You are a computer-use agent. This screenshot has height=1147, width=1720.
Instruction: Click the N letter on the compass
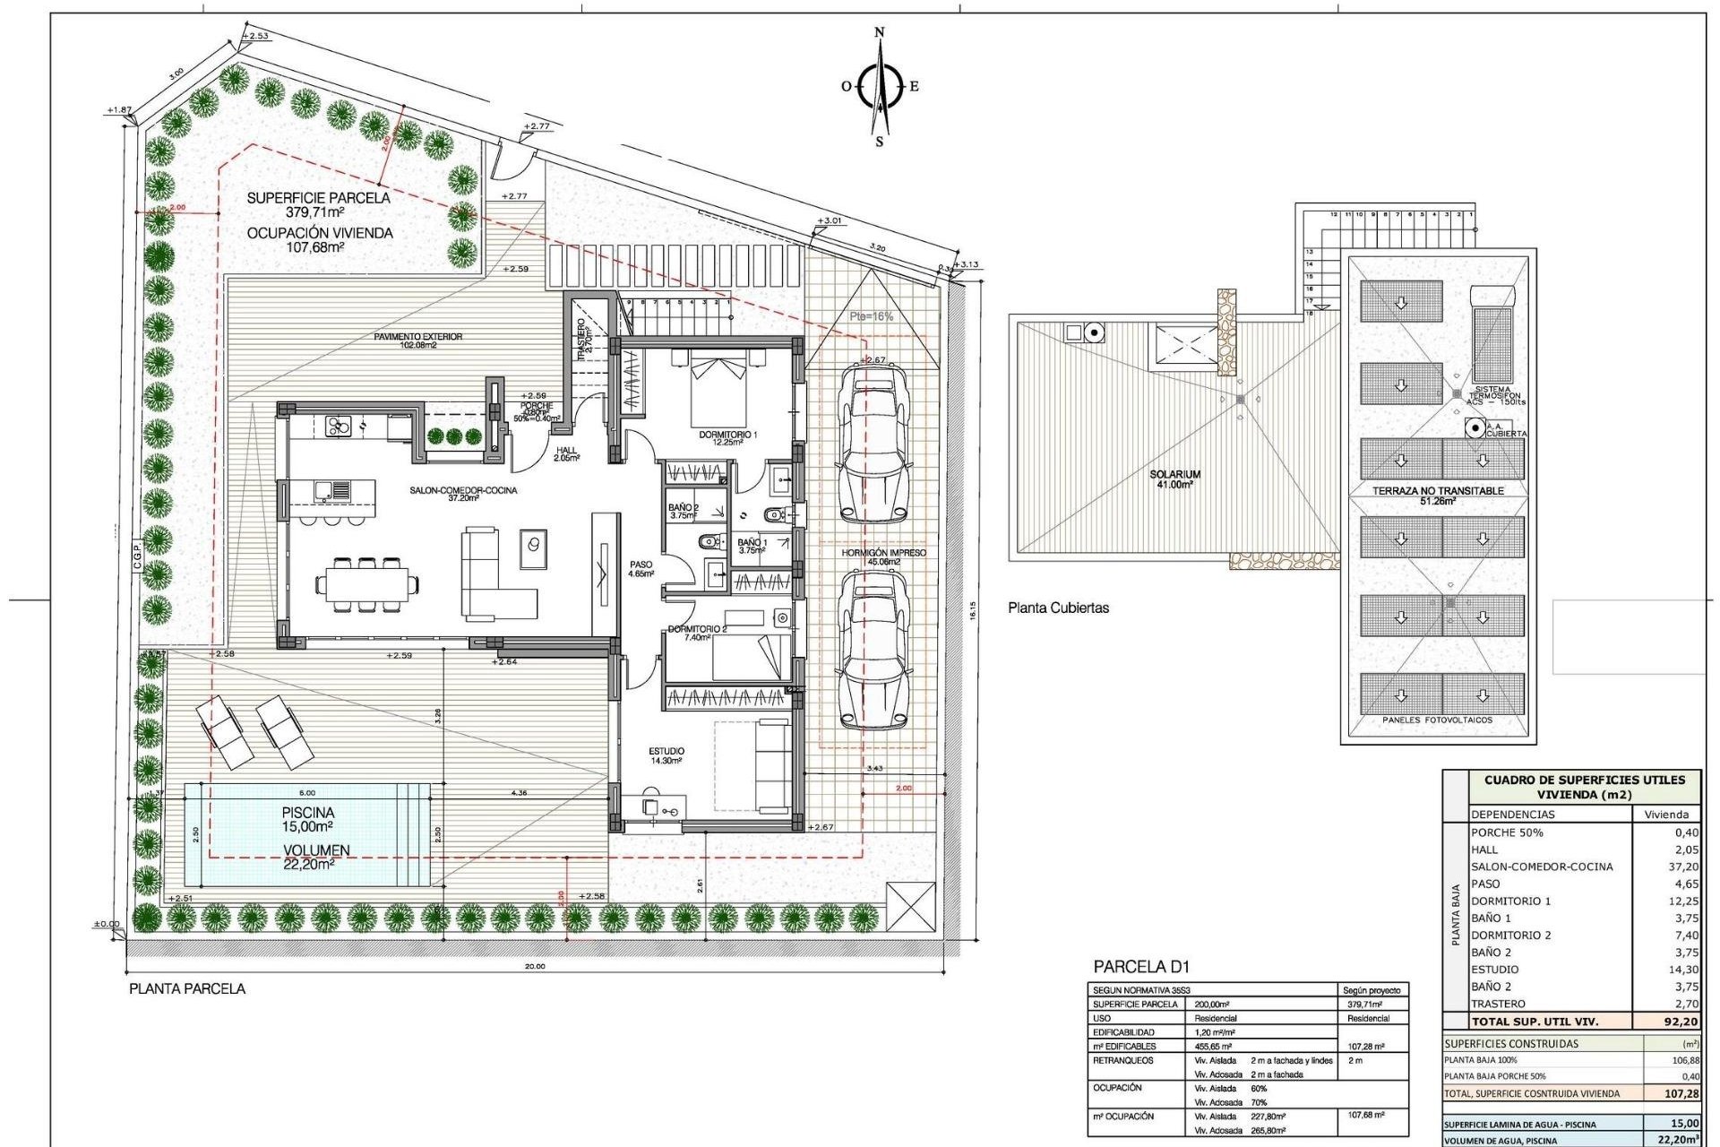click(879, 32)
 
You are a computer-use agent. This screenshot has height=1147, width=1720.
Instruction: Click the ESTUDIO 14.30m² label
click(666, 755)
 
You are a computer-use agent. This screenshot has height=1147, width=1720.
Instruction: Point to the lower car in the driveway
click(872, 651)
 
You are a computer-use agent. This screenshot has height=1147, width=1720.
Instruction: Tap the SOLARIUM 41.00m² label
click(1174, 479)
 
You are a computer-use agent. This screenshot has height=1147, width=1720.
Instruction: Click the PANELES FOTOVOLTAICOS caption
click(1437, 720)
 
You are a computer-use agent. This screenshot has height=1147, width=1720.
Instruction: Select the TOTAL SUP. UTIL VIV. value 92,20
click(1680, 1021)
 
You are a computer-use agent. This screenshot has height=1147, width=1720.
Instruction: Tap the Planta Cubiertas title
click(1058, 608)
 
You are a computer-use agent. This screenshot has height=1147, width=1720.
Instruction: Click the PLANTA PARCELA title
click(187, 988)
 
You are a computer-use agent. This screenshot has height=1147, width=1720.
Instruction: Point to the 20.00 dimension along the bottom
click(535, 966)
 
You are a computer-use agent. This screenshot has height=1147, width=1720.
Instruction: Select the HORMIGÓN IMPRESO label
click(883, 553)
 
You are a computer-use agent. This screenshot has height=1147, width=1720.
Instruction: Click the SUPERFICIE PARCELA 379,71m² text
click(318, 204)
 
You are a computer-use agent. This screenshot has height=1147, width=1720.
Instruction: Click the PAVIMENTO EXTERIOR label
click(418, 340)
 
